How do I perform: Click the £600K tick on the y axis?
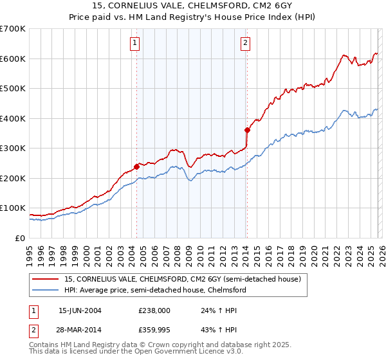[x=12, y=59]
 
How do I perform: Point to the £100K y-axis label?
[x=12, y=208]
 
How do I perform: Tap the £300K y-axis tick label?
[x=12, y=148]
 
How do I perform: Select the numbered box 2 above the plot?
[x=246, y=43]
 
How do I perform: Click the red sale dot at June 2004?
[x=136, y=166]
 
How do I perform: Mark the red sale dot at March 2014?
[x=247, y=130]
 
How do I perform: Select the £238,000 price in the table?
[x=154, y=310]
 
